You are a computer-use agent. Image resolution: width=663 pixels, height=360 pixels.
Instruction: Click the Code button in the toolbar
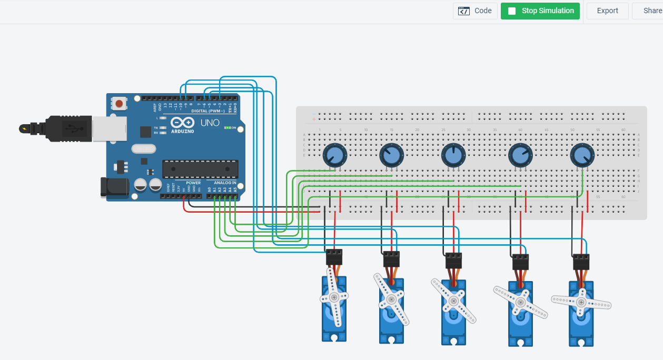pyautogui.click(x=475, y=11)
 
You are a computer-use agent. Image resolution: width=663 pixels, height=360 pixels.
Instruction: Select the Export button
pyautogui.click(x=607, y=11)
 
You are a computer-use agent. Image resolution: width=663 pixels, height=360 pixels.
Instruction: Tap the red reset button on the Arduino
pyautogui.click(x=120, y=104)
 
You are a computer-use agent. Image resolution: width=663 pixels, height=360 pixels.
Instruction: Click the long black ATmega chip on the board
pyautogui.click(x=200, y=168)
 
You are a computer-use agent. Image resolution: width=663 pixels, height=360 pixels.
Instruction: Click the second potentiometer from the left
pyautogui.click(x=392, y=154)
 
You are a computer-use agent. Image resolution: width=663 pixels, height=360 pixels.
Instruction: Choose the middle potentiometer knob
pyautogui.click(x=453, y=154)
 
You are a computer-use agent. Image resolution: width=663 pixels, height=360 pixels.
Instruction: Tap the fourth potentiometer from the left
pyautogui.click(x=520, y=155)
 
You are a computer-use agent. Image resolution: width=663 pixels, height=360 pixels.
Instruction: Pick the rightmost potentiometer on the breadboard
pyautogui.click(x=582, y=155)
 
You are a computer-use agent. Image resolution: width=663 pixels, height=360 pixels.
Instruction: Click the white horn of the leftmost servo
pyautogui.click(x=334, y=297)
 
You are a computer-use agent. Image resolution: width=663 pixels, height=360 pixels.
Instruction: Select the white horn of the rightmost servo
pyautogui.click(x=581, y=302)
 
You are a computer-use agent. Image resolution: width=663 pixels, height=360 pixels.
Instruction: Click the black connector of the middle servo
pyautogui.click(x=453, y=260)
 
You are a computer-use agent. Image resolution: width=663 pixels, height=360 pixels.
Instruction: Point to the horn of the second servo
pyautogui.click(x=391, y=299)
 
